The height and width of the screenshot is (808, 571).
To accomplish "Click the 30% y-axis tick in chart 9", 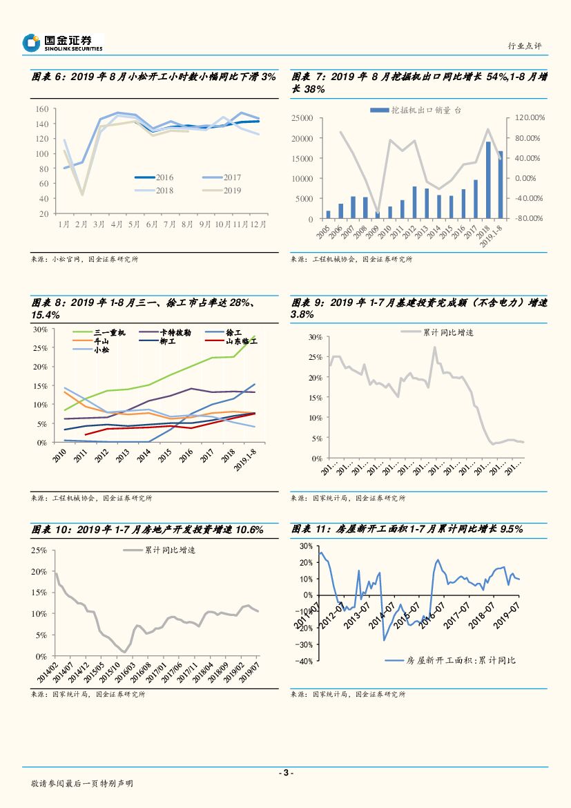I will click(x=315, y=337).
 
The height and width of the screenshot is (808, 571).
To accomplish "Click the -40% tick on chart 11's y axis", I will click(x=304, y=660).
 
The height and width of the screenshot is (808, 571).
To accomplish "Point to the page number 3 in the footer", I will click(x=285, y=773).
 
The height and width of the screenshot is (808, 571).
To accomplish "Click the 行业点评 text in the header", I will click(x=525, y=46).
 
